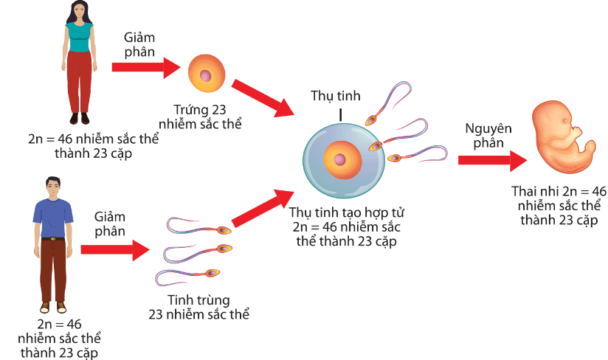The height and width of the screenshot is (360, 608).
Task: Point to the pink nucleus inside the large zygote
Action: (x=339, y=159)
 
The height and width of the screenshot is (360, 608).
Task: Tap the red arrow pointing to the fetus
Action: (x=490, y=160)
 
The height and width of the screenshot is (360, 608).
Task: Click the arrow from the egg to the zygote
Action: (x=264, y=98)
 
